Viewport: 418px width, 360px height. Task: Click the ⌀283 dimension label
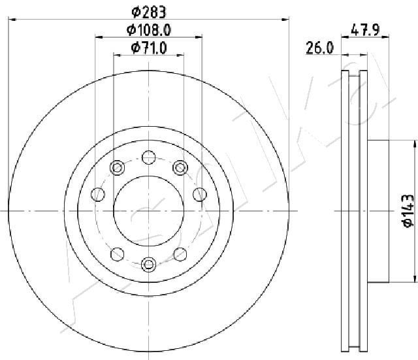pos(149,12)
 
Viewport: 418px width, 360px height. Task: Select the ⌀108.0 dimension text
pos(148,30)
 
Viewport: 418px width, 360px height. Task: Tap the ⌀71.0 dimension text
pos(149,48)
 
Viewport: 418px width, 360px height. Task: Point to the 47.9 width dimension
pos(365,29)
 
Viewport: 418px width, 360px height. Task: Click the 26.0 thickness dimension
pos(319,48)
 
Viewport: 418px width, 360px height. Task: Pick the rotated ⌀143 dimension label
pos(408,210)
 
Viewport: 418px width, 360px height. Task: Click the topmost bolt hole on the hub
pos(148,157)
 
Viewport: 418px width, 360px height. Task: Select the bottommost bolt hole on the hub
pos(148,264)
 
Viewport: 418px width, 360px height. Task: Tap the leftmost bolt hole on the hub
pos(98,194)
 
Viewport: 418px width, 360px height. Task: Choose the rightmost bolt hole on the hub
pos(200,194)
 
